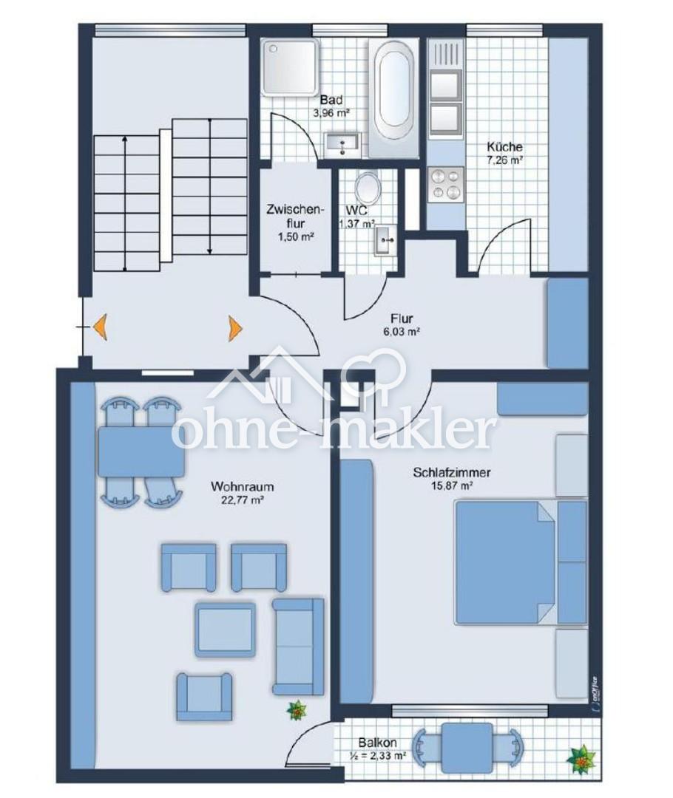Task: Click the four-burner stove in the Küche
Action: click(445, 184)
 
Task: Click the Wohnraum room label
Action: click(242, 486)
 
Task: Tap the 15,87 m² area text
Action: click(450, 485)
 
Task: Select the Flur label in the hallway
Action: click(402, 319)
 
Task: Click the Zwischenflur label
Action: click(295, 216)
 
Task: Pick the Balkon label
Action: click(377, 743)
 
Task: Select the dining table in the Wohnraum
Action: click(141, 452)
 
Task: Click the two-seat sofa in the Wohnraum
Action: click(298, 647)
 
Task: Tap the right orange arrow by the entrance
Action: click(235, 327)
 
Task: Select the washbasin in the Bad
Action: click(342, 145)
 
